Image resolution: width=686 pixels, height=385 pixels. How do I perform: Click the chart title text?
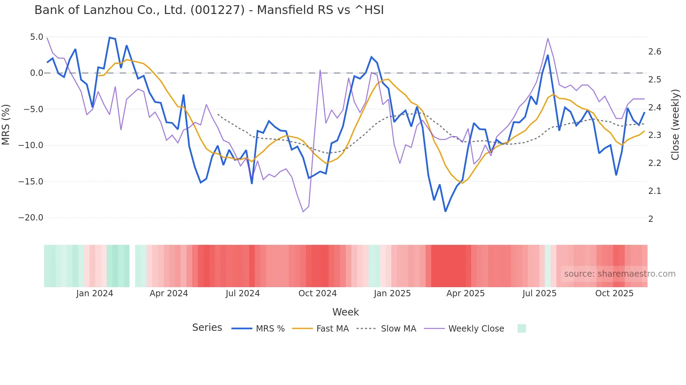[209, 10]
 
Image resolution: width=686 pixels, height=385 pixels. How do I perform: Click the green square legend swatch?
[521, 328]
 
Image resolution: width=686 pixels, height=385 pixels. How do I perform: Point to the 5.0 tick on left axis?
[36, 37]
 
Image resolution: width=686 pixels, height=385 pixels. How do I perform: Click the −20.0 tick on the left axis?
[31, 218]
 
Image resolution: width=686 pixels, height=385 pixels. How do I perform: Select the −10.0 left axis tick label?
[31, 145]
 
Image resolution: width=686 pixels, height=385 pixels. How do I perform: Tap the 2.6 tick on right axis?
[654, 52]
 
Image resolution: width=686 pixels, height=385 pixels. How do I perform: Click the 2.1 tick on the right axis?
[654, 191]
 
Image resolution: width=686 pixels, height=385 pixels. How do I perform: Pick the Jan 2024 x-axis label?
[94, 293]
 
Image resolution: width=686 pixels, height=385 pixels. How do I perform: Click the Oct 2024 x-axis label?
[317, 293]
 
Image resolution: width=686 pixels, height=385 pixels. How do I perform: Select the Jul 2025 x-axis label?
[539, 293]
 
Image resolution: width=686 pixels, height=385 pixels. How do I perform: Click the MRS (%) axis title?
[6, 125]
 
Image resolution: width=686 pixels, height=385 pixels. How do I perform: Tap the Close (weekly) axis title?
[675, 125]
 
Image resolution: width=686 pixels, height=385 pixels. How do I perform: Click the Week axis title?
[345, 312]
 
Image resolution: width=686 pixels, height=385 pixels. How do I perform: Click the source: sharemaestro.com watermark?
[619, 274]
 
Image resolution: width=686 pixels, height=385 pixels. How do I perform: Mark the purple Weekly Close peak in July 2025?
[548, 39]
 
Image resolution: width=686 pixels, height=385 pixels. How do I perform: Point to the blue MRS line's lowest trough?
[445, 211]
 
